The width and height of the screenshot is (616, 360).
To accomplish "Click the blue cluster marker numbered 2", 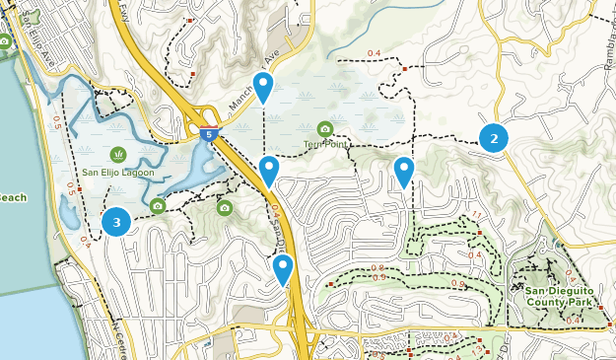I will pyautogui.click(x=494, y=138).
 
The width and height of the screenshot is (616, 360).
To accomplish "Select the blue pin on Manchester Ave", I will pyautogui.click(x=263, y=87).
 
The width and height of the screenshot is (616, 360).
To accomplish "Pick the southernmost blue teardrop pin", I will pyautogui.click(x=284, y=269).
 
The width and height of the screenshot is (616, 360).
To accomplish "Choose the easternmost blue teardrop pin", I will pyautogui.click(x=404, y=172).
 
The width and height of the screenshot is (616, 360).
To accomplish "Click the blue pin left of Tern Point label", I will pyautogui.click(x=269, y=172).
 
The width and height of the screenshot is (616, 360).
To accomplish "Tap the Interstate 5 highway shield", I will pyautogui.click(x=207, y=132).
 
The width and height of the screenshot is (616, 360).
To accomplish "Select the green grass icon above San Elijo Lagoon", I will pyautogui.click(x=118, y=154).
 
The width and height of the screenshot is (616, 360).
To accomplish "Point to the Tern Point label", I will pyautogui.click(x=325, y=144).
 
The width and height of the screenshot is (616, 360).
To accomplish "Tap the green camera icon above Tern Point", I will pyautogui.click(x=325, y=128).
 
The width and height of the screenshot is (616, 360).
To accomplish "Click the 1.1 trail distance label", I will pyautogui.click(x=476, y=215).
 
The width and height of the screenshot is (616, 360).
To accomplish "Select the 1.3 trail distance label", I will pyautogui.click(x=479, y=349).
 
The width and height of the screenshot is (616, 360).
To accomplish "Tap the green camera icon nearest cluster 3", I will pyautogui.click(x=158, y=206).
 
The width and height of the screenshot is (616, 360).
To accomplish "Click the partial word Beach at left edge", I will pyautogui.click(x=12, y=197).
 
